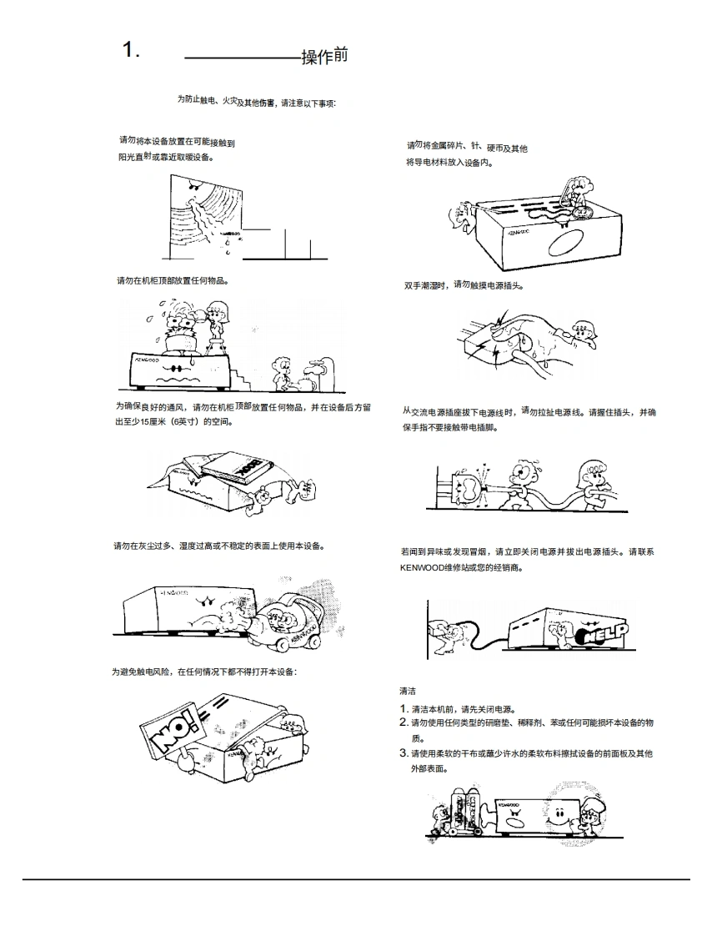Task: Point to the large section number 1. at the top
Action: pos(131,50)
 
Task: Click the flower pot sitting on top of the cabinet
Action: pos(181,335)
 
